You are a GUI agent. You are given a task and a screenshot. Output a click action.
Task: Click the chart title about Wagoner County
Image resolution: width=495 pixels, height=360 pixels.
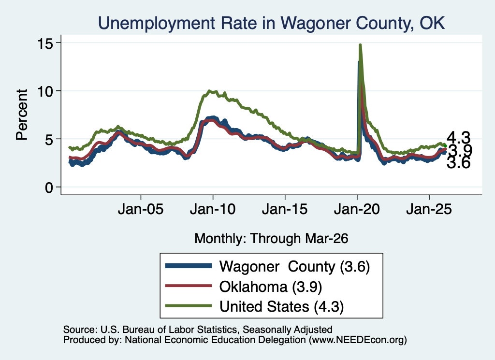tap(271, 23)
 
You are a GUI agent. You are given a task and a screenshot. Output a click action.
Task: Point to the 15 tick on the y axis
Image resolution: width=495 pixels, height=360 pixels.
tap(45, 43)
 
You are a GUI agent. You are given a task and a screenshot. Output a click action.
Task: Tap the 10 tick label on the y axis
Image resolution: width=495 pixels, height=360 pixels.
tap(45, 91)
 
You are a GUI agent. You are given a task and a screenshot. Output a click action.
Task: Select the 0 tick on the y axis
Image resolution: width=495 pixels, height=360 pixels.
tap(49, 187)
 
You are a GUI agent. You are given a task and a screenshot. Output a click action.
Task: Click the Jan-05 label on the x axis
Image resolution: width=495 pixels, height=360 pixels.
tap(141, 209)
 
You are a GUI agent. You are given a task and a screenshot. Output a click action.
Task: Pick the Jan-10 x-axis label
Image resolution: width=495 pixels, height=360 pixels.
tap(213, 209)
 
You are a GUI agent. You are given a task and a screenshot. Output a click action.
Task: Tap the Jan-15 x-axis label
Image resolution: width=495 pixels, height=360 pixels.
tap(285, 209)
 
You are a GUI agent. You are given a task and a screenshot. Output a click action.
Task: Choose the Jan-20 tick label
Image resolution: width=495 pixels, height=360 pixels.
tap(357, 209)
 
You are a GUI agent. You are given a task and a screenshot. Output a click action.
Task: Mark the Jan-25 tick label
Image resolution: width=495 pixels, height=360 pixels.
tap(429, 209)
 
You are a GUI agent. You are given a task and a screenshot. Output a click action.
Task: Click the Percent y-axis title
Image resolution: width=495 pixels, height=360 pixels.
tap(22, 115)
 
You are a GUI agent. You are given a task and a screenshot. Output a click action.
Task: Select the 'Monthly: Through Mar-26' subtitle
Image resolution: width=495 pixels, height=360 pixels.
tap(271, 238)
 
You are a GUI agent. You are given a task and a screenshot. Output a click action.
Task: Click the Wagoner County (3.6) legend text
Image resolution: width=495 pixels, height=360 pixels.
tap(294, 267)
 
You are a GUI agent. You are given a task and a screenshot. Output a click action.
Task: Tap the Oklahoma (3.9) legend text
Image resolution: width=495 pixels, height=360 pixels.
tap(271, 287)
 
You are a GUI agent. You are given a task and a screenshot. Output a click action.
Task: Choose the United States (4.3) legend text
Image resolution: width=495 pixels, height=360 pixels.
tap(282, 306)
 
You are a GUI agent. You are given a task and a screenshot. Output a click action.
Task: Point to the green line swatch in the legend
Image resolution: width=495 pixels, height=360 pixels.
tap(189, 305)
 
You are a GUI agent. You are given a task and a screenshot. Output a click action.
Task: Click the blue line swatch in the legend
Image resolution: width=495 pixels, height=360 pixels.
tap(189, 266)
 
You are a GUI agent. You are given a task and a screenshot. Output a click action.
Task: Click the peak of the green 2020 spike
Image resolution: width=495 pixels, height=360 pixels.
tap(360, 45)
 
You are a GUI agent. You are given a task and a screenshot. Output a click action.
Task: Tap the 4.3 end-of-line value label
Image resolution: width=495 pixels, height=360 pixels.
tap(458, 138)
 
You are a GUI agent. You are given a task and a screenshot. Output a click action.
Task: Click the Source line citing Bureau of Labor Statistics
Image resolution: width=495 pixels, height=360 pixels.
tap(198, 330)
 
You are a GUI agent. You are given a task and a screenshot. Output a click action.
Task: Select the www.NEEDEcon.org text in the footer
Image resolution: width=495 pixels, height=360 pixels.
tap(358, 340)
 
